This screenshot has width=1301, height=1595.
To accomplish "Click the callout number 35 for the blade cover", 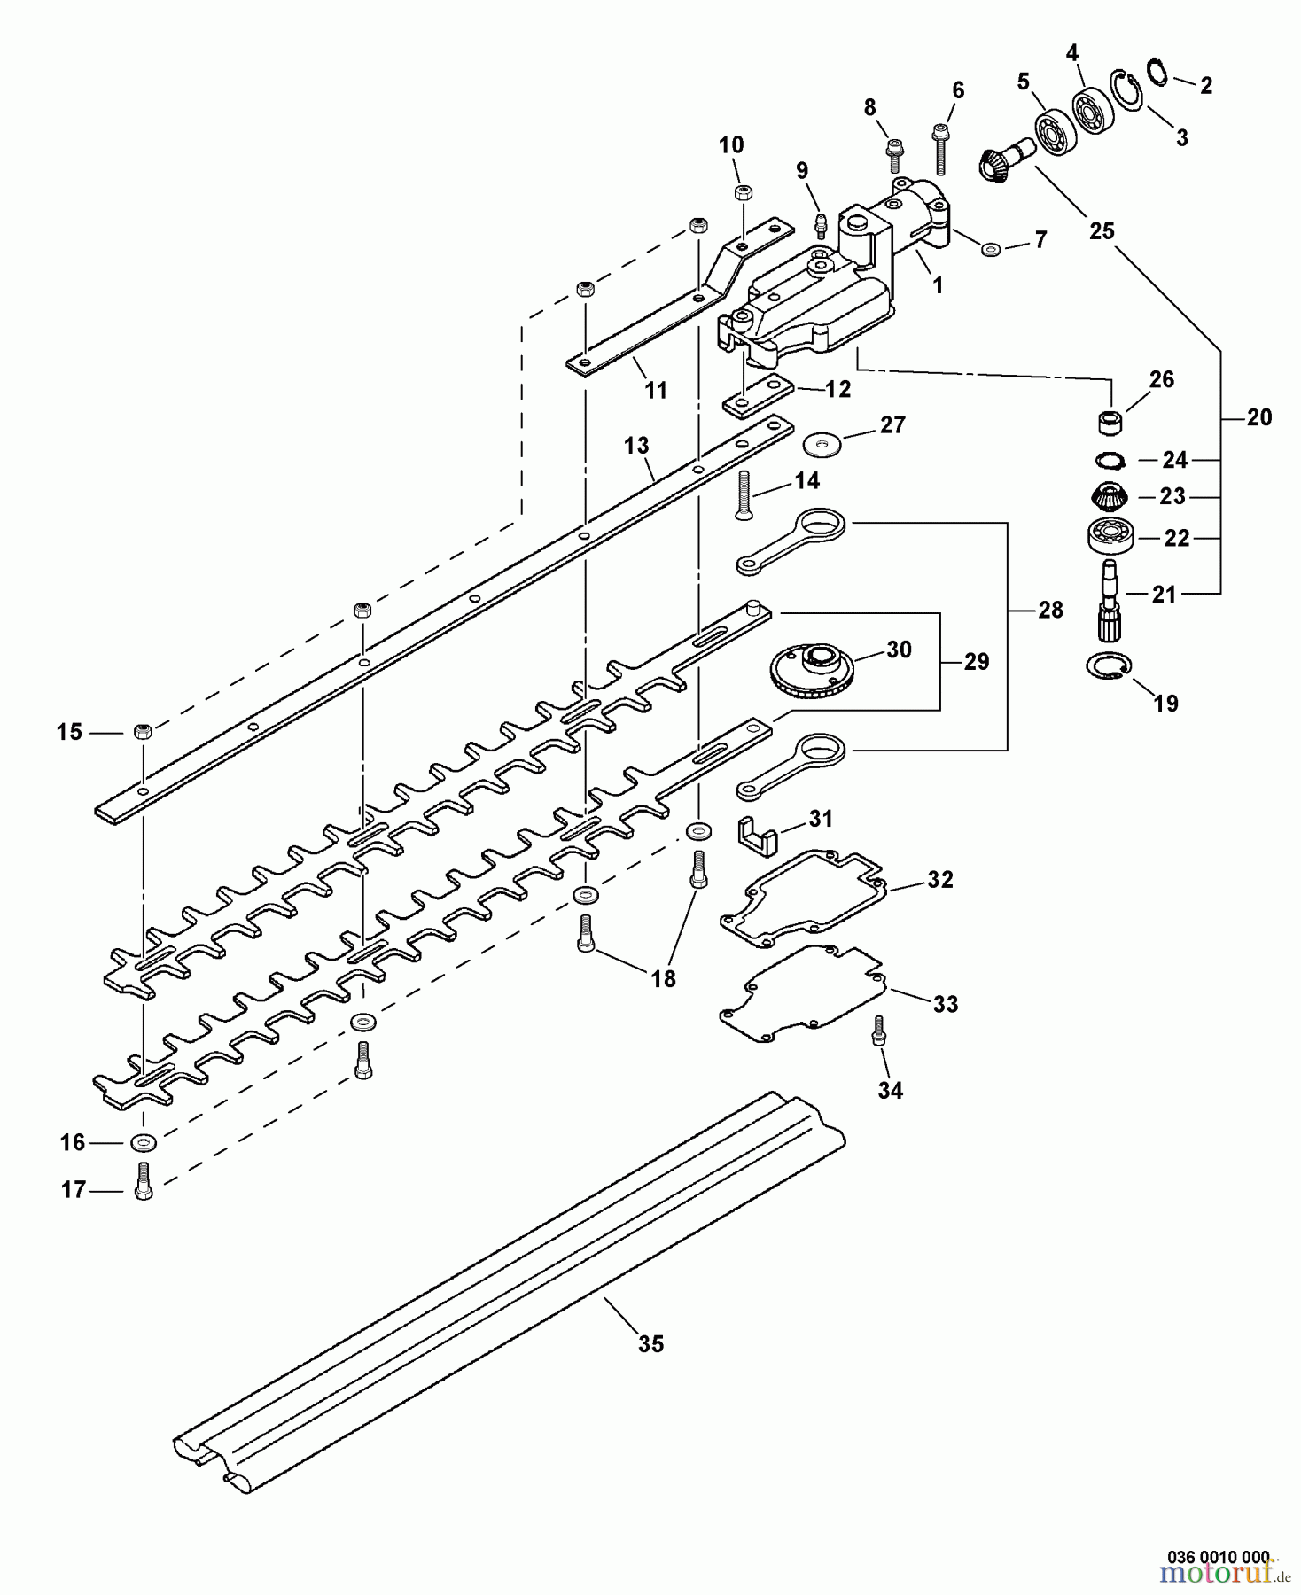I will coord(650,1344).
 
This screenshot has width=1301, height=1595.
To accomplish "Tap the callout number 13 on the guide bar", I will coord(636,445).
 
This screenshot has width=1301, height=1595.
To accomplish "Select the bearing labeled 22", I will coord(1108,536).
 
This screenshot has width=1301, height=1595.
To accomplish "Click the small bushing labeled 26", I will coord(1110,422).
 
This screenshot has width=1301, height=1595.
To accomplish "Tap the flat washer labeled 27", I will coord(822,440).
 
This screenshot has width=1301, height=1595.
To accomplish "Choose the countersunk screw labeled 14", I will coord(743,495).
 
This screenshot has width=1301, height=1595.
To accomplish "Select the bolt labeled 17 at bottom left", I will coord(143,1180).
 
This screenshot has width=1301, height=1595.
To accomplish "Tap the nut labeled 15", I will coord(143,732).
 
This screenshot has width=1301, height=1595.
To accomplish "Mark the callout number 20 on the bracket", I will coord(1258,416).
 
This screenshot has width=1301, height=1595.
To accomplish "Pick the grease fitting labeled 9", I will coord(821,223).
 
